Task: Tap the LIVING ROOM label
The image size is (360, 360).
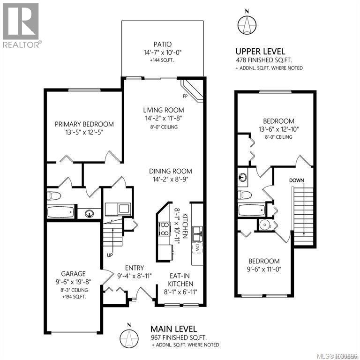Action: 163,110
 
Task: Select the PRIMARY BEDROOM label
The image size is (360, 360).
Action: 84,124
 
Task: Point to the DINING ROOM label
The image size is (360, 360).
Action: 170,172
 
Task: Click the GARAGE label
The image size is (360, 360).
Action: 73,274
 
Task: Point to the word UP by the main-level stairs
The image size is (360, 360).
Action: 110,256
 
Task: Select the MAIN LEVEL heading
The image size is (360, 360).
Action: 173,329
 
